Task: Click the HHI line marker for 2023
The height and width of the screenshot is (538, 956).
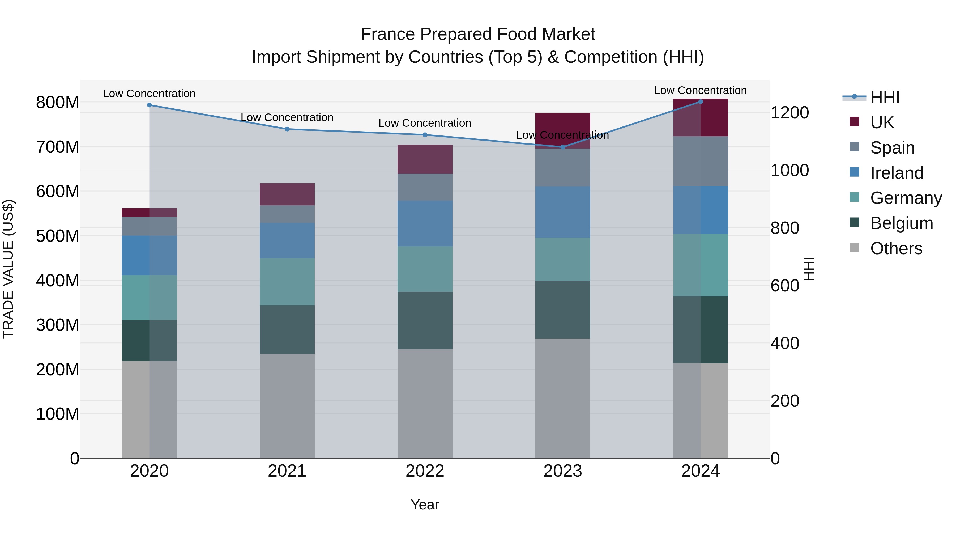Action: [563, 147]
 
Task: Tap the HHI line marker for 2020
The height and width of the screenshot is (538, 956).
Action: [149, 105]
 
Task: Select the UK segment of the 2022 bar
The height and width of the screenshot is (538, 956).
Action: [425, 159]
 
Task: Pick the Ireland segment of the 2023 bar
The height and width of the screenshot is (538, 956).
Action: [563, 212]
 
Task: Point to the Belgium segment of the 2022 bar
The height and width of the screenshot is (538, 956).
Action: [425, 320]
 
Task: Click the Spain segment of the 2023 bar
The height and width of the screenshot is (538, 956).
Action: [563, 167]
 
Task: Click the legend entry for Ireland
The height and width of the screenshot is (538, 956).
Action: [897, 173]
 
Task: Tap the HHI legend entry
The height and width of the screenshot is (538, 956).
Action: [885, 97]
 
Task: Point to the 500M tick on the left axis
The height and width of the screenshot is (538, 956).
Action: [58, 236]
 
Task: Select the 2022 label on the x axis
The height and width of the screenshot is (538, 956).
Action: [425, 471]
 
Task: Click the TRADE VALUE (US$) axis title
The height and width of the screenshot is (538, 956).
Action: [8, 269]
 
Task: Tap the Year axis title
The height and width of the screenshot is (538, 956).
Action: [425, 505]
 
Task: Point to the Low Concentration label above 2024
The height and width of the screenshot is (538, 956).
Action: [700, 90]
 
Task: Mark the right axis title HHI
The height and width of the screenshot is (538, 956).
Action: [809, 269]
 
